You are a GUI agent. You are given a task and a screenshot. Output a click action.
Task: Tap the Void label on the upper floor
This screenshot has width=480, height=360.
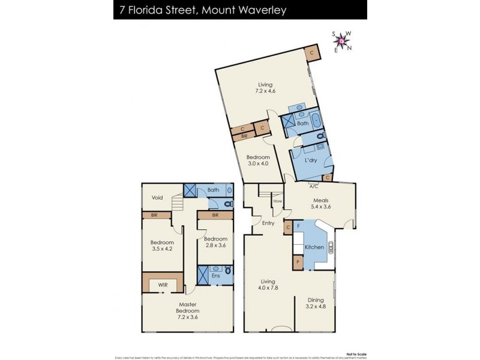[157, 197]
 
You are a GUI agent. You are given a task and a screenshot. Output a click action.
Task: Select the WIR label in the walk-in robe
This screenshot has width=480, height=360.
[163, 284]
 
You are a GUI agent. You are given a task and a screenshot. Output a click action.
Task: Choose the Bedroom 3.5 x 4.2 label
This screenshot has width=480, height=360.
[162, 246]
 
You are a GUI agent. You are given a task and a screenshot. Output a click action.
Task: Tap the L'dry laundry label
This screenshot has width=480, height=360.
[310, 160]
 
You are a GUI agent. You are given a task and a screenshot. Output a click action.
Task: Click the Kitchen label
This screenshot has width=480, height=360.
[314, 247]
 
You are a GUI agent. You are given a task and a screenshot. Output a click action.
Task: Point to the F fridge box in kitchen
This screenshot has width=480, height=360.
[298, 226]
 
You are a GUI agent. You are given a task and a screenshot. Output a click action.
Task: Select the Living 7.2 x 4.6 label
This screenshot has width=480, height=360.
[265, 88]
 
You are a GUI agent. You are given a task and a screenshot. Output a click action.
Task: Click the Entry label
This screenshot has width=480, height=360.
[268, 223]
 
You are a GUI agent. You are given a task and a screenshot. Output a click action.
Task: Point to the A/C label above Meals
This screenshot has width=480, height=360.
[313, 185]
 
